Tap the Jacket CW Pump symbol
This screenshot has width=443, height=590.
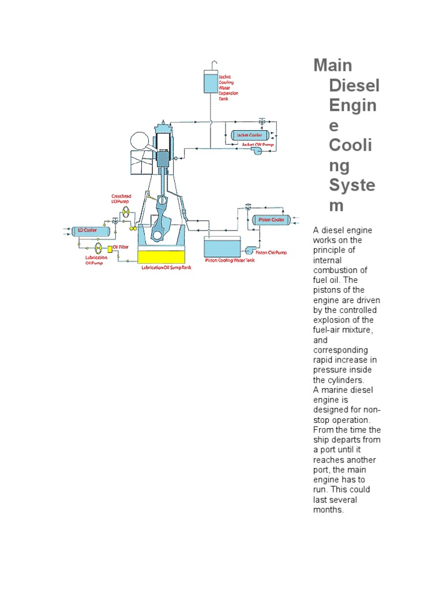(255, 150)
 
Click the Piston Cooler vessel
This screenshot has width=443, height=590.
(269, 220)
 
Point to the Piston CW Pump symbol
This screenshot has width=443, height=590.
(250, 250)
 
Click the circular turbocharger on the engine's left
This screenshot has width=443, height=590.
(141, 141)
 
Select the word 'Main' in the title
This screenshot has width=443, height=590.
(333, 65)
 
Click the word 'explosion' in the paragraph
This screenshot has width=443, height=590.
(332, 320)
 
